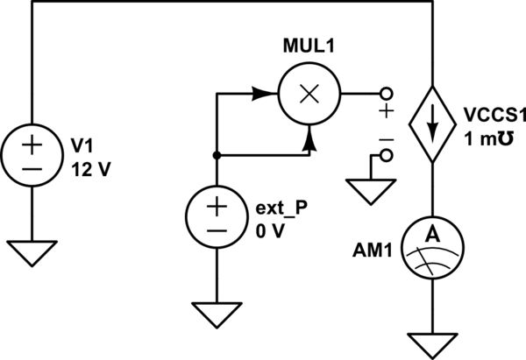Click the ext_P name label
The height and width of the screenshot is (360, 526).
tap(279, 211)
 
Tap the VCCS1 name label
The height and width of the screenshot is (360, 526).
tap(493, 117)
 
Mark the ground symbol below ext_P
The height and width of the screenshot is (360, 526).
tap(216, 312)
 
